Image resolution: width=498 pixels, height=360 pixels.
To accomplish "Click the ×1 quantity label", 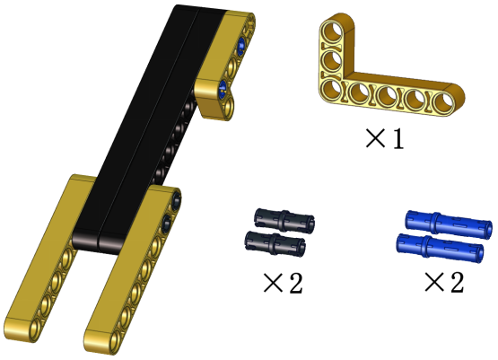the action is point(385,138).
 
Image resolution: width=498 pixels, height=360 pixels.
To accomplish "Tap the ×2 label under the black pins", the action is point(283,283).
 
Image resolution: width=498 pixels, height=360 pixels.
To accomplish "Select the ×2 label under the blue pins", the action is point(444,282).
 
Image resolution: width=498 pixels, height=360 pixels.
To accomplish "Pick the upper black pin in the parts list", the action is point(284,220).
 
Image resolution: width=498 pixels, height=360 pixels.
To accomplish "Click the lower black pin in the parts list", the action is point(275,243).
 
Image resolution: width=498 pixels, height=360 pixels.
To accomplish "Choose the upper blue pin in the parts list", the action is point(449,224).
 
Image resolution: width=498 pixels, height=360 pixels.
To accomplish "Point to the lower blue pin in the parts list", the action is point(441,248).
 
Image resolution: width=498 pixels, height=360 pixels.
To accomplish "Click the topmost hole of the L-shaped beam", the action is point(332,32).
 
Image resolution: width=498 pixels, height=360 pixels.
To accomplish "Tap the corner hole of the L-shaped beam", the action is point(332,89).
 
